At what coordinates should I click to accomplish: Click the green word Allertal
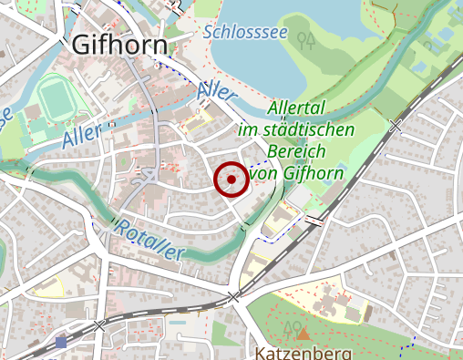click(x=298, y=108)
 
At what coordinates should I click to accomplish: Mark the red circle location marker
click(x=231, y=180)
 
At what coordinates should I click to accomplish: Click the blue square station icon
click(x=61, y=342)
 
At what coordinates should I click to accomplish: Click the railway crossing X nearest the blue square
click(x=99, y=324)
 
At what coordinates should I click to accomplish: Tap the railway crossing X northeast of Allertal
click(x=395, y=126)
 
